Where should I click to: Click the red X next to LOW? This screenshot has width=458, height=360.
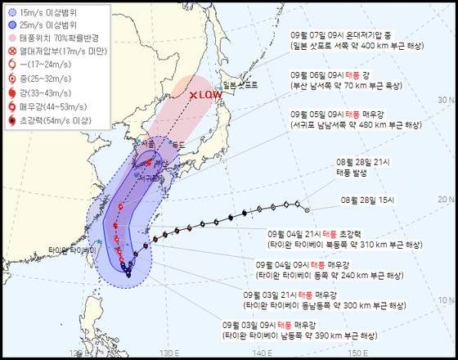192,96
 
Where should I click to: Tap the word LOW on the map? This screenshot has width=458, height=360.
208,96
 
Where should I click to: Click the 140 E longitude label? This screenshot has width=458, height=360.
261,353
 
